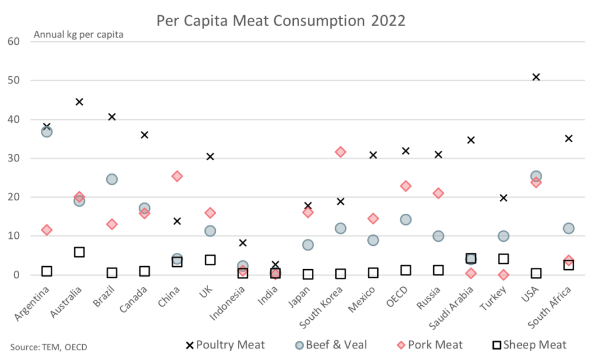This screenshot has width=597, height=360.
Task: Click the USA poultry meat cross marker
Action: tap(536, 77)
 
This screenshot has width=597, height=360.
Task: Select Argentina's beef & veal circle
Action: tap(47, 132)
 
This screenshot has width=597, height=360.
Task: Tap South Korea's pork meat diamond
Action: tap(340, 152)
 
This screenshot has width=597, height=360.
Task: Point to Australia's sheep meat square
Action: tap(79, 252)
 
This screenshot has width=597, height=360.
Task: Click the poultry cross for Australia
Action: tap(79, 102)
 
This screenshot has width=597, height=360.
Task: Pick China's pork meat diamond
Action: tap(177, 176)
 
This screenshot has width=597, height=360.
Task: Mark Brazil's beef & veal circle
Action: tap(112, 179)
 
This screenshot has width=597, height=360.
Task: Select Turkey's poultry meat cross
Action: tap(504, 198)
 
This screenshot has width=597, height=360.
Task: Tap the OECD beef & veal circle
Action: tap(406, 220)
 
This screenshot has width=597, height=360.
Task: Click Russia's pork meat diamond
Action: tap(438, 193)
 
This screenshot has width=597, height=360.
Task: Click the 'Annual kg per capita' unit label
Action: tap(78, 34)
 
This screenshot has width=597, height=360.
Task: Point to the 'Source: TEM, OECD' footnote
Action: tap(48, 347)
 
